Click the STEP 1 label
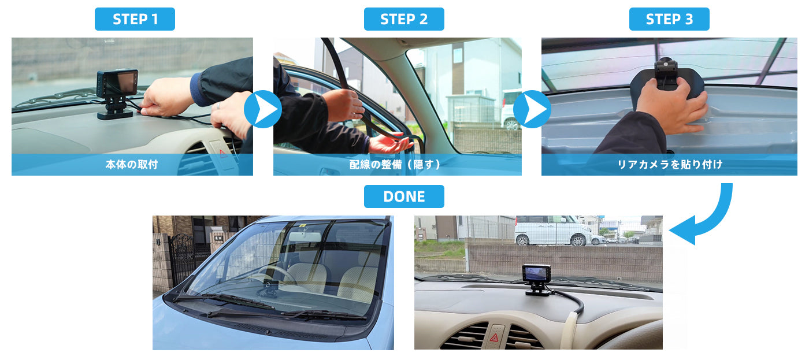[x=135, y=19]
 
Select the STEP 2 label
[x=404, y=19]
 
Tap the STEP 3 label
[x=669, y=19]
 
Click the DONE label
[x=404, y=196]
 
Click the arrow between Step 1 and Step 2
[x=263, y=109]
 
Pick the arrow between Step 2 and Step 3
[x=532, y=109]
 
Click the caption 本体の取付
[x=132, y=165]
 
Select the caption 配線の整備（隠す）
[x=395, y=165]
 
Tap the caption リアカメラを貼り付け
[x=670, y=165]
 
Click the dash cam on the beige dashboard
[x=537, y=280]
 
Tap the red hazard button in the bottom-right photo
[x=494, y=338]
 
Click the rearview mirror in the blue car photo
[x=305, y=237]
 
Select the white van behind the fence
[x=552, y=231]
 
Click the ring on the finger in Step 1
[x=218, y=105]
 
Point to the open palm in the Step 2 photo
[x=389, y=143]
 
